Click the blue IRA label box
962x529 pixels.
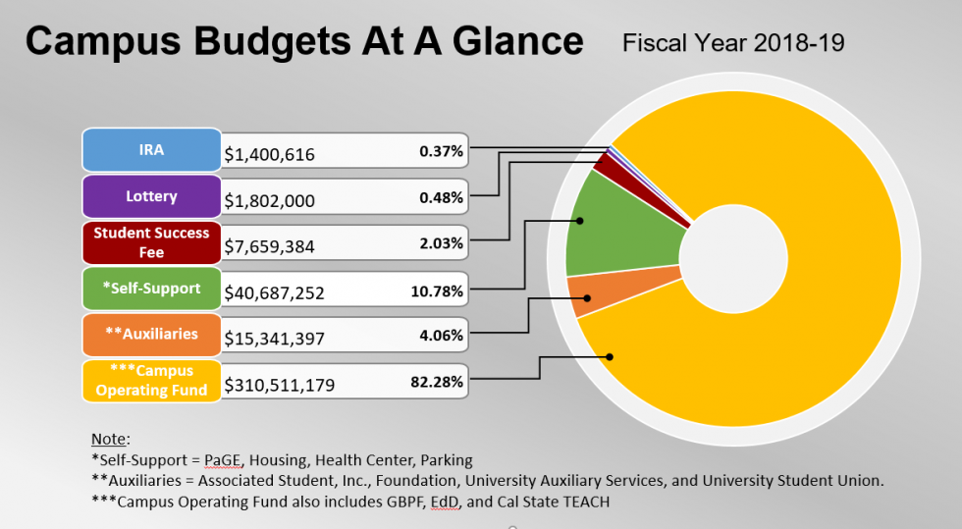click(x=151, y=150)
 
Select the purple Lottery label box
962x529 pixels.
click(x=151, y=196)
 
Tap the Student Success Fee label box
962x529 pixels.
click(x=151, y=242)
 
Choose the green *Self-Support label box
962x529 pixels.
click(x=151, y=289)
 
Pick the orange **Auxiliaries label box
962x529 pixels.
click(x=151, y=334)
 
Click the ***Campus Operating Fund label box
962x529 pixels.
click(x=151, y=380)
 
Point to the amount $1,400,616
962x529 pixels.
click(x=269, y=154)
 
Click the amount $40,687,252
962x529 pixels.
click(x=274, y=292)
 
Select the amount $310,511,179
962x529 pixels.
click(x=280, y=385)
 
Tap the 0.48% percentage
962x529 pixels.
click(x=441, y=197)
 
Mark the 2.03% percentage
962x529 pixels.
click(x=441, y=243)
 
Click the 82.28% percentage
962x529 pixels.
click(x=437, y=382)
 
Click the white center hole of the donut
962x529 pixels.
click(x=732, y=266)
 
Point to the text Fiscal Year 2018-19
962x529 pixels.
click(x=732, y=43)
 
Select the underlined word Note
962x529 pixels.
click(x=109, y=439)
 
